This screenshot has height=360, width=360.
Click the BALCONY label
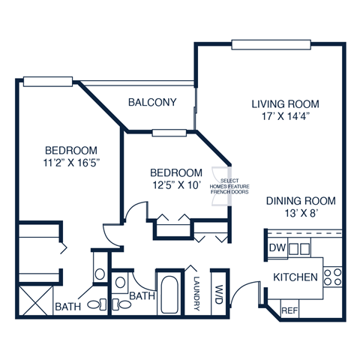click(x=152, y=102)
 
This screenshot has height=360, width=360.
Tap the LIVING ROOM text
click(x=285, y=103)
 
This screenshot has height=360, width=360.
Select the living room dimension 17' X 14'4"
click(x=285, y=117)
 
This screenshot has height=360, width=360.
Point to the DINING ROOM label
click(x=300, y=201)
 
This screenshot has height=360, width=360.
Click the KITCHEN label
click(x=295, y=277)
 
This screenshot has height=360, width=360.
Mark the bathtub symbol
click(x=167, y=295)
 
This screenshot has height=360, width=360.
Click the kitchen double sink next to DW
click(x=299, y=248)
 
